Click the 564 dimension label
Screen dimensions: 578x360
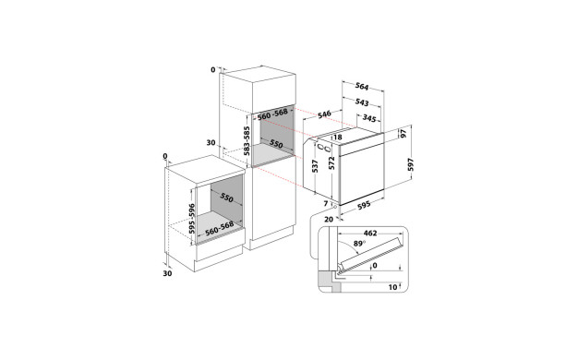tap(362, 86)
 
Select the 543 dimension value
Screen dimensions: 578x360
tap(362, 102)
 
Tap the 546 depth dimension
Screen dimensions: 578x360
tap(324, 114)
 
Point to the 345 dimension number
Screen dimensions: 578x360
tap(369, 118)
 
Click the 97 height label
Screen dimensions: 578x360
tap(404, 134)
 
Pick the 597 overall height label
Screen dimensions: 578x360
tap(411, 164)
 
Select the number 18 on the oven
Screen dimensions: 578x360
tap(338, 138)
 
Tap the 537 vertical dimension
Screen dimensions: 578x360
tap(315, 166)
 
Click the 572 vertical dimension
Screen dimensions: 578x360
tap(331, 163)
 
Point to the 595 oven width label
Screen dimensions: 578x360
tap(364, 205)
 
